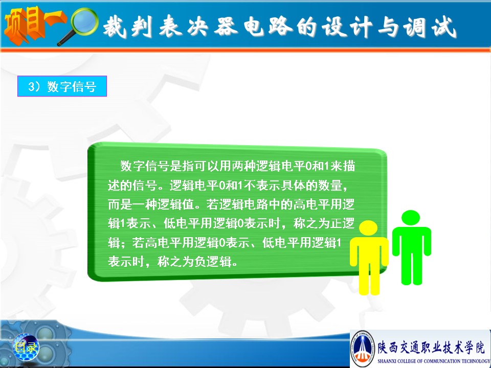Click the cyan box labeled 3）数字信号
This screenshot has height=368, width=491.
click(62, 86)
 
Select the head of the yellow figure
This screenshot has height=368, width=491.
click(368, 228)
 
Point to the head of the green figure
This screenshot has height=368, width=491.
click(411, 218)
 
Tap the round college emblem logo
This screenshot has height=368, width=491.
click(363, 348)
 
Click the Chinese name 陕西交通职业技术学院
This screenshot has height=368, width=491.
click(431, 348)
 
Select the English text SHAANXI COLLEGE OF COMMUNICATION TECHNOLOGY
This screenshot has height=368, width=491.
click(434, 361)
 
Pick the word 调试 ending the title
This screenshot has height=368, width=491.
click(429, 27)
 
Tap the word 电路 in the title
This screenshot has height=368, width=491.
click(267, 26)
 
